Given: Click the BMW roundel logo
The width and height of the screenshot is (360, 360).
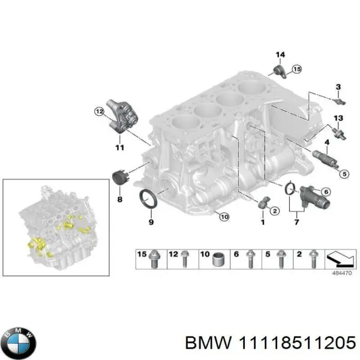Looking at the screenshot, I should (19, 343).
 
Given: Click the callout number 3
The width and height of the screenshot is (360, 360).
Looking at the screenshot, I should (338, 87).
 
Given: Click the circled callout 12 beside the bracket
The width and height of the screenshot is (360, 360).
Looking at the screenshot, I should (98, 110).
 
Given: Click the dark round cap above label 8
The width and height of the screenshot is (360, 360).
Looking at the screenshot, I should (121, 178).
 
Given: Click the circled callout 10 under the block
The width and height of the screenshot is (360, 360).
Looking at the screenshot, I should (223, 217).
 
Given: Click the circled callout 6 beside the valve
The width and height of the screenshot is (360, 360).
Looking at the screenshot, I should (326, 192).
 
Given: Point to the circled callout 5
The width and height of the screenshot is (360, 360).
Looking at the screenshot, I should (344, 174).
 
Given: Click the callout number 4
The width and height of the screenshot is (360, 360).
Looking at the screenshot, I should (326, 142).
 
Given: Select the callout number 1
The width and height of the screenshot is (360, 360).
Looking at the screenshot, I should (262, 223).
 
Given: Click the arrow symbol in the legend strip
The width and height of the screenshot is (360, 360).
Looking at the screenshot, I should (339, 259).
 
